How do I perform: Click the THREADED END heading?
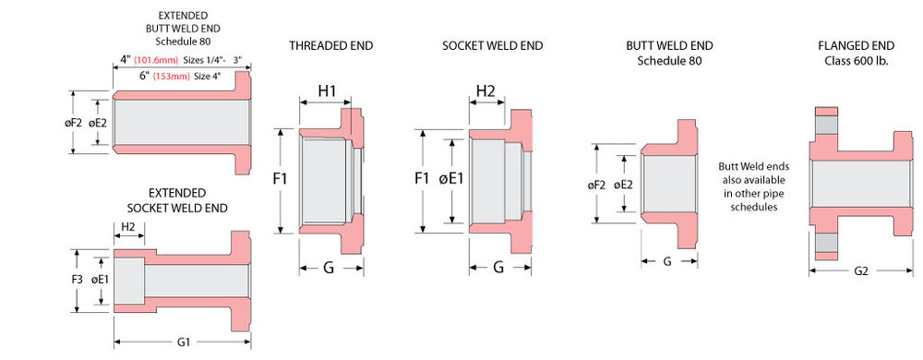(x=330, y=45)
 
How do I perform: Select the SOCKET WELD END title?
(x=492, y=45)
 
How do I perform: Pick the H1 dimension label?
(x=328, y=90)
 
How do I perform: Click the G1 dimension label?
(x=183, y=342)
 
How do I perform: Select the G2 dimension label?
(x=859, y=271)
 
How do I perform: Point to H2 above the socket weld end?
(x=485, y=90)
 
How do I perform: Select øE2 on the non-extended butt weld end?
(x=624, y=184)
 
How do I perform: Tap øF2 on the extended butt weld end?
(x=75, y=122)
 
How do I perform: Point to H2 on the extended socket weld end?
(x=127, y=227)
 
